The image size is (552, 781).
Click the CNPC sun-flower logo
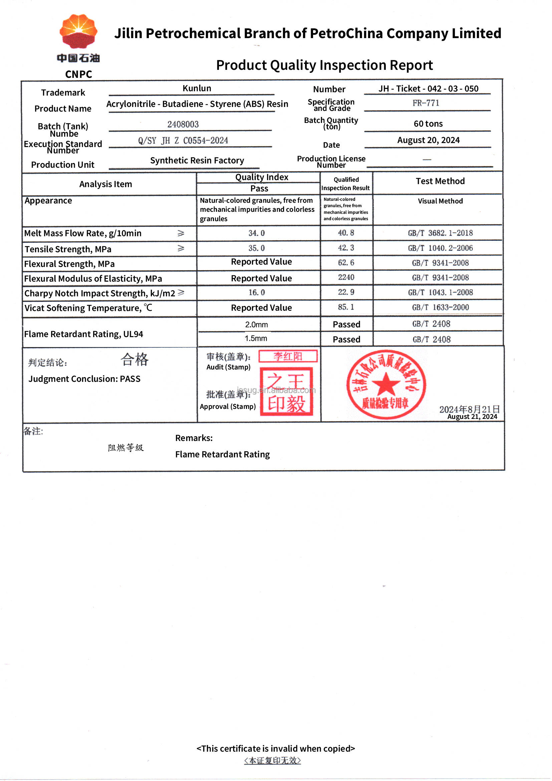click(x=78, y=31)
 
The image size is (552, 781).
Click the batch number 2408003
click(x=183, y=125)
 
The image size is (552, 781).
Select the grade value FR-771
click(x=426, y=103)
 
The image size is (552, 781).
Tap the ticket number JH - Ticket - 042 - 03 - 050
click(x=428, y=89)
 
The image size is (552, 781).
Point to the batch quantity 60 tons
click(x=428, y=124)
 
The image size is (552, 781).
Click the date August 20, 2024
click(x=428, y=140)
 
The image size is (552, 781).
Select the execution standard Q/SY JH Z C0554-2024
click(x=183, y=141)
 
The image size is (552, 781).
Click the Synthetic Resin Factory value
click(x=197, y=161)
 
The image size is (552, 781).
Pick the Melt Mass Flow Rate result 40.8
click(x=346, y=233)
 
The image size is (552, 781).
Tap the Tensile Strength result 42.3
click(x=346, y=248)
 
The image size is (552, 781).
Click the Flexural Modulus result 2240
click(x=346, y=278)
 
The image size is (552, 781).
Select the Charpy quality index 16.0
click(x=257, y=293)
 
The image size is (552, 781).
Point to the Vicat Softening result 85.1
click(x=346, y=307)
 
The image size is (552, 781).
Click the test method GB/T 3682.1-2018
click(x=440, y=233)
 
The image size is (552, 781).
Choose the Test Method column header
click(x=440, y=181)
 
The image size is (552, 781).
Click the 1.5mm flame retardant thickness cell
click(x=256, y=339)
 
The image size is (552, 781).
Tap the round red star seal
click(x=386, y=384)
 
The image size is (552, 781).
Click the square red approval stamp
click(x=287, y=392)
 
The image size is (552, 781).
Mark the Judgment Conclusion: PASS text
click(x=84, y=379)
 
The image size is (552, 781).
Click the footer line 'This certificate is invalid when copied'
click(x=276, y=749)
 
